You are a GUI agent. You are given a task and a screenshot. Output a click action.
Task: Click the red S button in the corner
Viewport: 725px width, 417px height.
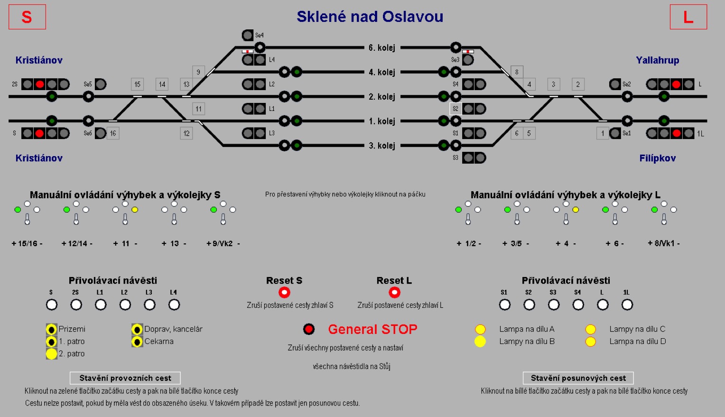27,17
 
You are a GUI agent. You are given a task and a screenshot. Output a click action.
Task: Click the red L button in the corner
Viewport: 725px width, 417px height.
688,17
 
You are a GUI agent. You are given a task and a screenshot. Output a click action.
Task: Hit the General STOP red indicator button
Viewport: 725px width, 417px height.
309,329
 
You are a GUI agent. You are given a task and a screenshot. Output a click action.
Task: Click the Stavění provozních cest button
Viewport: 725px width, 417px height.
125,378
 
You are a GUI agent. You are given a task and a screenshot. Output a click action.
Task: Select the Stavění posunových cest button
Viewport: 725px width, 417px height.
578,378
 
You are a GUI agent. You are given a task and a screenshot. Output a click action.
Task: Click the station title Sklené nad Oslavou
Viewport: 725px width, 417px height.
370,17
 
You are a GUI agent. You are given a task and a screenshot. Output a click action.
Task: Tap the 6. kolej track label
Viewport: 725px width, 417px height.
381,47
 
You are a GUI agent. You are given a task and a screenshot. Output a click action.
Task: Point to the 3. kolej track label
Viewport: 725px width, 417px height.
381,146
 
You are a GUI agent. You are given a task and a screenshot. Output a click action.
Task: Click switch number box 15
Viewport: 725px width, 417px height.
137,84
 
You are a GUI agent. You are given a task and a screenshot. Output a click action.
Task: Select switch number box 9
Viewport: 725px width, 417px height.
198,72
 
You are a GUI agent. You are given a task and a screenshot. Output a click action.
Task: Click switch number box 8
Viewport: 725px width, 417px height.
517,72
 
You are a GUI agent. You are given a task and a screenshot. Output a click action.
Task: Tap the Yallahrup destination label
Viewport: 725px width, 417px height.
657,60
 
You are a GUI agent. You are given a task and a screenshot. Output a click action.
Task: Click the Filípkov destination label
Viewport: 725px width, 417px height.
657,158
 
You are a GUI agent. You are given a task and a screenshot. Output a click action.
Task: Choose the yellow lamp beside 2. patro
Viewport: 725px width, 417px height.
51,353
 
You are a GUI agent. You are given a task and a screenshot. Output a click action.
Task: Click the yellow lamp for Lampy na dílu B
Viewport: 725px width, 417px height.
480,342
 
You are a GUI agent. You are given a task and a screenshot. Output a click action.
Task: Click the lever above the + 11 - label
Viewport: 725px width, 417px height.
125,218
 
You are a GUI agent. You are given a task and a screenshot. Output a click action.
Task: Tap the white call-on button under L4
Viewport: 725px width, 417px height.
174,305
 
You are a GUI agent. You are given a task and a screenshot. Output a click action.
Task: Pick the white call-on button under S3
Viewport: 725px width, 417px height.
554,305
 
